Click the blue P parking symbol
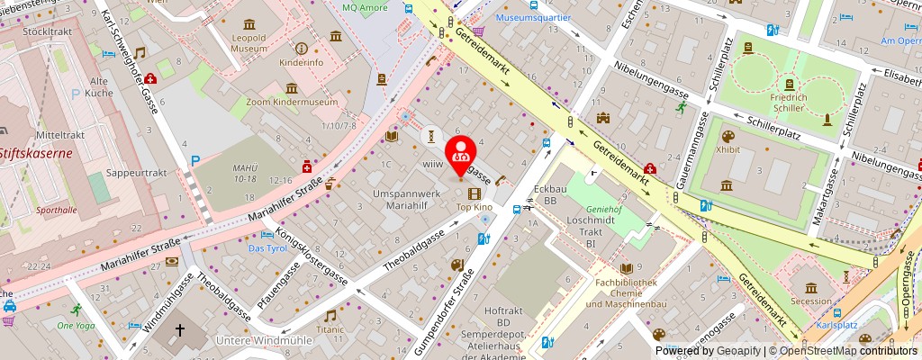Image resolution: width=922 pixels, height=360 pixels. [194, 160]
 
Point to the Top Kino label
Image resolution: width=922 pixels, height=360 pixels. [475, 207]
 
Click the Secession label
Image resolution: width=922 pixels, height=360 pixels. [812, 301]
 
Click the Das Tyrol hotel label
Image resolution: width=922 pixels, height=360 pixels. [267, 247]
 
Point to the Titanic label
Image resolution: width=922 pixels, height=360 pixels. [330, 329]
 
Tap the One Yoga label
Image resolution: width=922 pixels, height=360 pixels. [76, 325]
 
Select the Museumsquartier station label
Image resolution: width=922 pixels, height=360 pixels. [530, 17]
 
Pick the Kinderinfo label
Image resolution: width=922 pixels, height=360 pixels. [301, 64]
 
